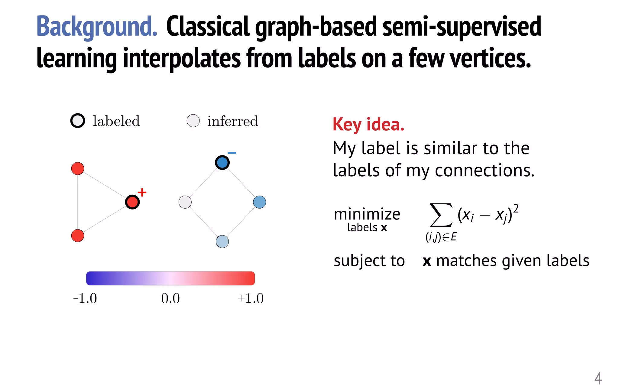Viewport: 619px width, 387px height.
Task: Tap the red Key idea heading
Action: [x=368, y=125]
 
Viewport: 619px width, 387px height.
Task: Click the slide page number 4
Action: [x=598, y=378]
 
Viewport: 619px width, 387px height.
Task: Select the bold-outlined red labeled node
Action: [x=132, y=202]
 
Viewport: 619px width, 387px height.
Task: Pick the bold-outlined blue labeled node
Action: [x=222, y=163]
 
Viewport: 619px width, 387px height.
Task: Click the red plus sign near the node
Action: [x=142, y=192]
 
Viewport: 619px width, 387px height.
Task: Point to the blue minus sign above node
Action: [x=232, y=153]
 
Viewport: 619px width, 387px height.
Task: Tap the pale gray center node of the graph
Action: [x=185, y=202]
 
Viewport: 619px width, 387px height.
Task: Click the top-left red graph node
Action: [x=78, y=168]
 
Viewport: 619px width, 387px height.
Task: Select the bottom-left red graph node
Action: [x=78, y=236]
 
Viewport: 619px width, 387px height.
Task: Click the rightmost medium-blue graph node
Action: [x=259, y=202]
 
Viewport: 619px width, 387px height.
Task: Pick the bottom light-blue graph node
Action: [x=222, y=242]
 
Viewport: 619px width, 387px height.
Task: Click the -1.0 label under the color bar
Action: [x=85, y=298]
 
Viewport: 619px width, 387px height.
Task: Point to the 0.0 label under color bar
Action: [x=170, y=298]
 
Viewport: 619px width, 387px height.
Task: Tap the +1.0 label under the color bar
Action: [x=251, y=298]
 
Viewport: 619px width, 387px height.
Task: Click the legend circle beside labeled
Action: [x=78, y=121]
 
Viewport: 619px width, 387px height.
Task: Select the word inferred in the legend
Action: [x=232, y=121]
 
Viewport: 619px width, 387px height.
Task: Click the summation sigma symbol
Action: [x=441, y=215]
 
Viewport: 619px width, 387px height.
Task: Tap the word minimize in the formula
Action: [x=367, y=214]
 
